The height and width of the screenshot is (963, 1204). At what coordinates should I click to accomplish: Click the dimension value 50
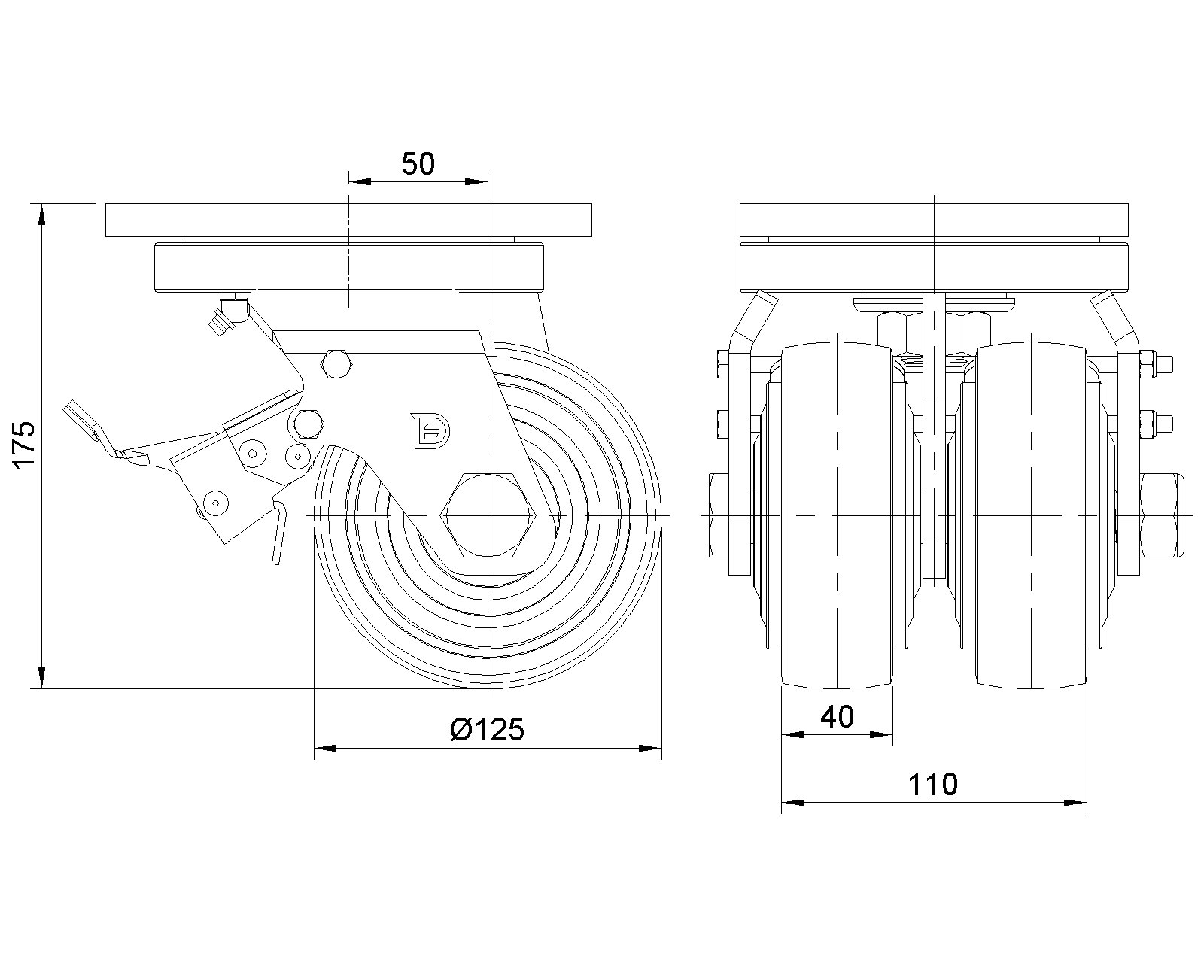[x=418, y=163]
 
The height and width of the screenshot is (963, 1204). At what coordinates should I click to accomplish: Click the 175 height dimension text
[x=23, y=446]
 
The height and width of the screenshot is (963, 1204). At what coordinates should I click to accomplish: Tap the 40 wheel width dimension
[x=837, y=717]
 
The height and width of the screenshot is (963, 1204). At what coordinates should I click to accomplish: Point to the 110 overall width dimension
[x=932, y=785]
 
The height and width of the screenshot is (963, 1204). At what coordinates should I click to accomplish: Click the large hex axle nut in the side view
[x=488, y=515]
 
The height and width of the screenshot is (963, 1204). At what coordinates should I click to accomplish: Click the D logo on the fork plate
[x=430, y=430]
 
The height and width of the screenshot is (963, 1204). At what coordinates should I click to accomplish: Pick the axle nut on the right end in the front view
[x=1162, y=515]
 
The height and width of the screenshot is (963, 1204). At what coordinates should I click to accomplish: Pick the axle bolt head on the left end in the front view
[x=720, y=515]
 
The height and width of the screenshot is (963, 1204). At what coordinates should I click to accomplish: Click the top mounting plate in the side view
[x=348, y=220]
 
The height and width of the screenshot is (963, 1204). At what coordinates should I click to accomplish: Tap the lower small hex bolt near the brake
[x=306, y=424]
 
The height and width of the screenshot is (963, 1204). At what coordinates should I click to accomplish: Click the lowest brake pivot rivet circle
[x=215, y=502]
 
